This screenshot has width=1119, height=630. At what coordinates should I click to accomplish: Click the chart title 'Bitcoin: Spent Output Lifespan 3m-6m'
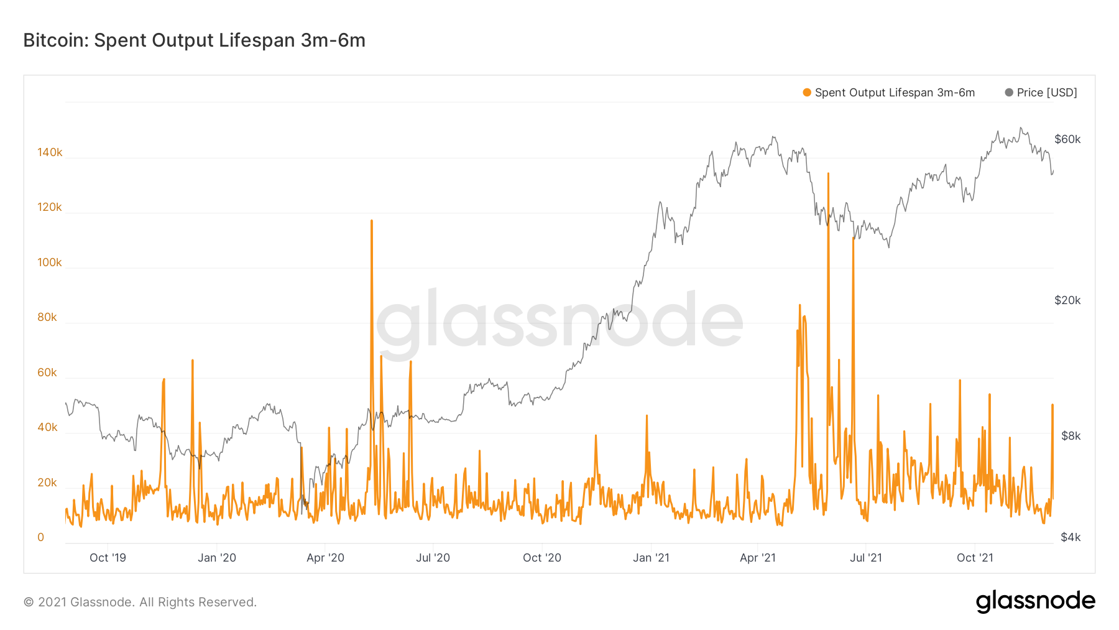click(x=194, y=40)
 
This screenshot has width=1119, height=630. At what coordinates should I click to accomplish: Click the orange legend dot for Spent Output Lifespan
click(x=807, y=93)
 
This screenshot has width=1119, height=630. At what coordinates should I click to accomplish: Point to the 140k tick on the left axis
click(x=50, y=152)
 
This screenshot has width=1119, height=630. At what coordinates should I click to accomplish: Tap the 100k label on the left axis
click(x=50, y=262)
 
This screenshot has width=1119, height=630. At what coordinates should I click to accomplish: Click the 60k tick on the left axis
click(x=47, y=373)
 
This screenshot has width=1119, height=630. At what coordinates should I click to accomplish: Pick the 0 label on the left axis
click(x=41, y=537)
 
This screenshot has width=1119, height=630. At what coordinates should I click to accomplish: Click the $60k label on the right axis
click(x=1067, y=139)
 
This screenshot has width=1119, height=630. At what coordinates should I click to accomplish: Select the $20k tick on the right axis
click(x=1067, y=300)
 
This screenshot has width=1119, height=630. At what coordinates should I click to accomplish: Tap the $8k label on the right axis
click(x=1071, y=436)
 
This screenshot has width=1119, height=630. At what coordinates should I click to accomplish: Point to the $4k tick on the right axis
click(x=1071, y=537)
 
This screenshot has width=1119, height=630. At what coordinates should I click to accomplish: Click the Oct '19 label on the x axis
click(x=108, y=558)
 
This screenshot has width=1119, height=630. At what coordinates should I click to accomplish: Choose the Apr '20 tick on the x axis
click(x=325, y=558)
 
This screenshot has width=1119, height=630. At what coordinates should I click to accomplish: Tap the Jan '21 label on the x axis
click(x=651, y=558)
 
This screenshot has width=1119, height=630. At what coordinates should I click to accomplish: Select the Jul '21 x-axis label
click(x=866, y=558)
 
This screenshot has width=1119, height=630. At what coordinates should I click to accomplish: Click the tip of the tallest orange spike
click(x=828, y=174)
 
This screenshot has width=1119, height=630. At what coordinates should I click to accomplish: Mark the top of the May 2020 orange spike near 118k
click(x=372, y=221)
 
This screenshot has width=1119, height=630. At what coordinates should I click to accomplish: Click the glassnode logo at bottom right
click(x=1035, y=601)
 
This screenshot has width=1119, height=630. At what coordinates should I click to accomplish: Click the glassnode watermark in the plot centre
click(x=559, y=320)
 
